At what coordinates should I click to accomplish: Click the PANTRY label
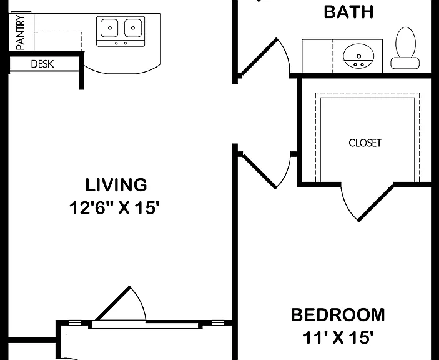click(21, 32)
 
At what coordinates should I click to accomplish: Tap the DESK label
click(42, 64)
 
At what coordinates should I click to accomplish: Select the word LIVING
click(116, 185)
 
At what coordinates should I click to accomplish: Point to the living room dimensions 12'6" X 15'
click(116, 208)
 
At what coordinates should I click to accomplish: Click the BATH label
click(348, 12)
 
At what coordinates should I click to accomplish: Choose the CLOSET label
click(365, 143)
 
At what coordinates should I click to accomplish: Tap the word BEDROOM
click(338, 314)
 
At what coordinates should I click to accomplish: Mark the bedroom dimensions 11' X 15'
click(338, 337)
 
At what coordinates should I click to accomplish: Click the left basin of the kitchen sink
click(109, 27)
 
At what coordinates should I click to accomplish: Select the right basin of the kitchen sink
click(133, 27)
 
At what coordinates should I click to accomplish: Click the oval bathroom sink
click(358, 56)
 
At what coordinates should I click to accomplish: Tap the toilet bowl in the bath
click(405, 42)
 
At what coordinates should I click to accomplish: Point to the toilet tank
click(405, 63)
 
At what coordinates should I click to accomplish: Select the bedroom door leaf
click(260, 171)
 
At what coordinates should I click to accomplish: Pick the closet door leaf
click(376, 203)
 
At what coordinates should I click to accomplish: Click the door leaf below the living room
click(113, 303)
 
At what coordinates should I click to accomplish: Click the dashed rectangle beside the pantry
click(58, 41)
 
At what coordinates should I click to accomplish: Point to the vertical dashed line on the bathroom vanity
click(332, 56)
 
